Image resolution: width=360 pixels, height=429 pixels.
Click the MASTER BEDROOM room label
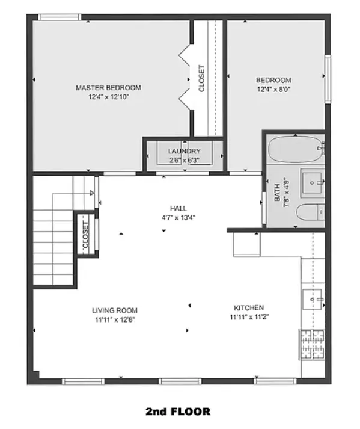(x=108, y=88)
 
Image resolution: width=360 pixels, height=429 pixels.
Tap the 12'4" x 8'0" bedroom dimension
(x=273, y=90)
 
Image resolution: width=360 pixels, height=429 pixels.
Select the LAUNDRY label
(x=184, y=151)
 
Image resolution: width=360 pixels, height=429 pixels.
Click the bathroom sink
(x=313, y=181)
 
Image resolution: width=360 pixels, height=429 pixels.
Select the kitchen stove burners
(x=312, y=344)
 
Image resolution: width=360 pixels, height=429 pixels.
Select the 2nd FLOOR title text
(x=178, y=412)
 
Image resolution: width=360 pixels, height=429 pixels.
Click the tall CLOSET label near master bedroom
(x=201, y=78)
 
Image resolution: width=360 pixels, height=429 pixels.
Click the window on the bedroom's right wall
(x=328, y=79)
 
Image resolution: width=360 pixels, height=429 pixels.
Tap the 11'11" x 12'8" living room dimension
(x=114, y=320)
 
